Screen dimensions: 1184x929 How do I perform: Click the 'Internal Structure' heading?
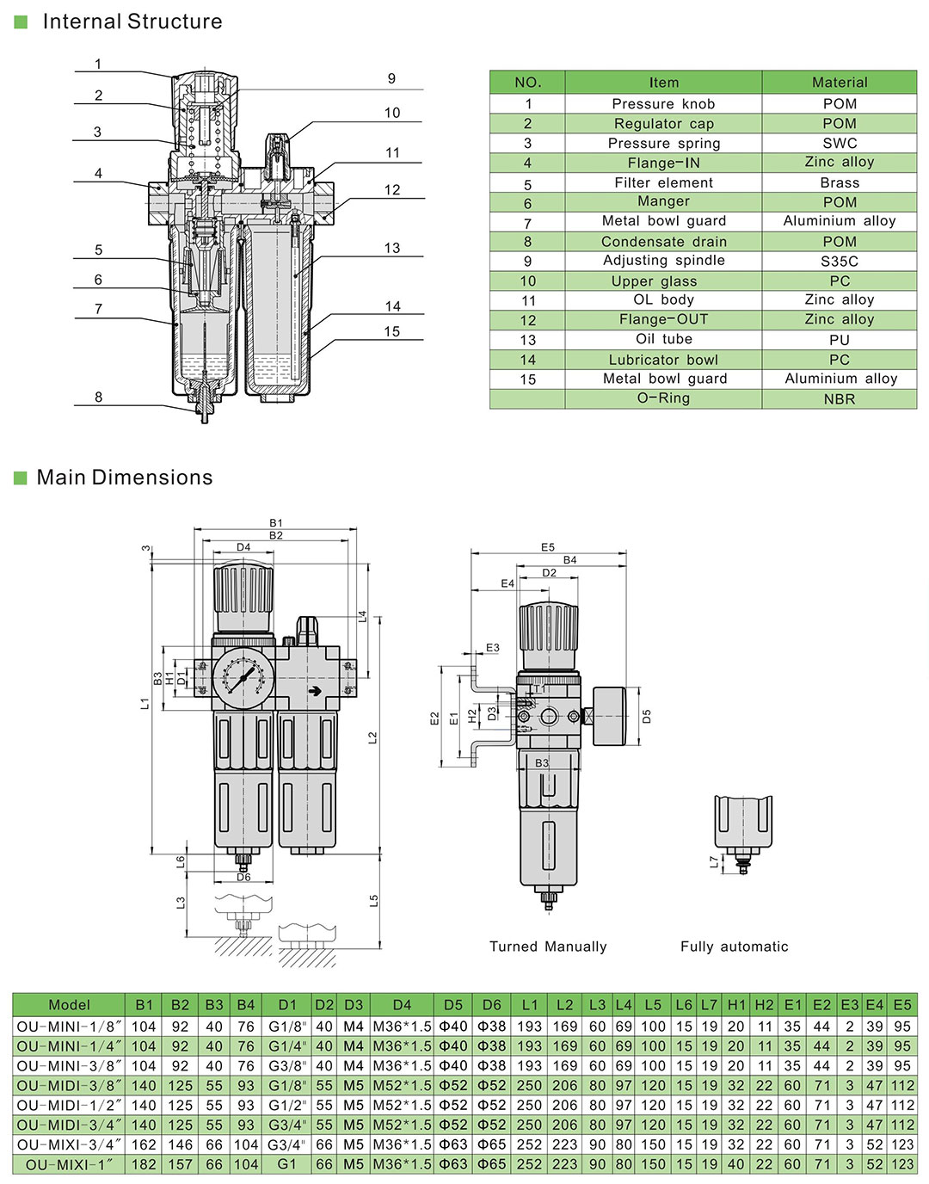coord(132,22)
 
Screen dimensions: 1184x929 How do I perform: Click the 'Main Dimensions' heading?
coord(124,478)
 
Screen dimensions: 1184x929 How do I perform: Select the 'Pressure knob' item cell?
coord(663,103)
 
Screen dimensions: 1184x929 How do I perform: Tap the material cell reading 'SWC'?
coord(839,143)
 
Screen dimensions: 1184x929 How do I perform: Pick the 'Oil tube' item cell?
coord(663,339)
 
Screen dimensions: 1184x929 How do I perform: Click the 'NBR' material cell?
coord(839,398)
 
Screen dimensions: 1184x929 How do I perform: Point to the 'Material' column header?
coord(839,83)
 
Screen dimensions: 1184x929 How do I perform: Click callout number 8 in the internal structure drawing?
coord(98,397)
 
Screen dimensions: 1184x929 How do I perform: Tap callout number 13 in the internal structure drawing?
coord(392,248)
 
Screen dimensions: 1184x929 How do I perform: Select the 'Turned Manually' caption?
coord(548,947)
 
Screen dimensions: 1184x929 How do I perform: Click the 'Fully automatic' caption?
coord(734,947)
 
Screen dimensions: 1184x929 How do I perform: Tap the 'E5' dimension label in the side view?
coord(548,547)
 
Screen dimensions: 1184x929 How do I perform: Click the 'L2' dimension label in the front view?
coord(372,737)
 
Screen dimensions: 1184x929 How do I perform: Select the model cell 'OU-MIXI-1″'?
coord(69,1164)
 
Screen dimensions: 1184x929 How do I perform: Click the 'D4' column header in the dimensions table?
coord(402,1004)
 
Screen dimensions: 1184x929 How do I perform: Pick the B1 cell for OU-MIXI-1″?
coord(144,1164)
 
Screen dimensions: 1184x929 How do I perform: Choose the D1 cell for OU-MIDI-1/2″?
coord(287,1105)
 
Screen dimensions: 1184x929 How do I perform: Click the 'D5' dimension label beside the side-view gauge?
coord(647,716)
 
